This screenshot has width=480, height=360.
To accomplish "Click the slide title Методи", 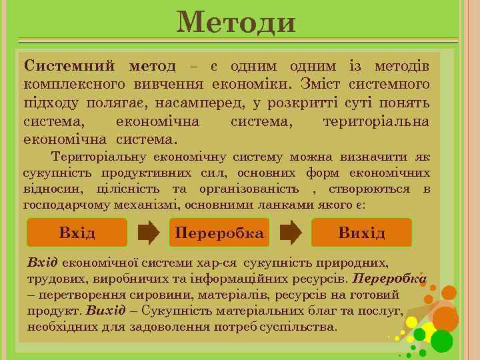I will tap(236, 23).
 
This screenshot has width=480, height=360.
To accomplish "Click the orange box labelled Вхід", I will tap(77, 233).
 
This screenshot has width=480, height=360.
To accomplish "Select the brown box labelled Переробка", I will tap(219, 233).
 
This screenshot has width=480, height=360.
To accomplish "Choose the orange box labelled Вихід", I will tap(361, 233).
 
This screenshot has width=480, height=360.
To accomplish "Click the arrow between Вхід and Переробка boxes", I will tap(148, 233).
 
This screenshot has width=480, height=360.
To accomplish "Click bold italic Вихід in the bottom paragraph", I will tap(106, 311).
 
